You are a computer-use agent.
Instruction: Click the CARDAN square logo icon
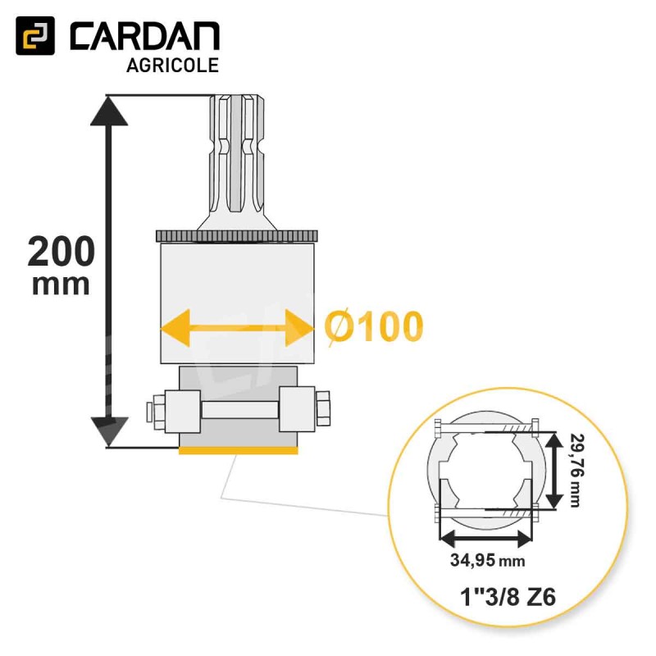point(35,35)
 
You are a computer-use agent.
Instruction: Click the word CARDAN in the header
point(145,36)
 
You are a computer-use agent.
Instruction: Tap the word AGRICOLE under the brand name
point(172,66)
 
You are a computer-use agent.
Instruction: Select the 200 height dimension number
point(61,252)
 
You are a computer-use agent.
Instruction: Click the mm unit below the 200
point(61,285)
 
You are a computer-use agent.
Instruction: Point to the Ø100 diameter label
point(374,327)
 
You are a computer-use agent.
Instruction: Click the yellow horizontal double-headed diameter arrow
point(237,328)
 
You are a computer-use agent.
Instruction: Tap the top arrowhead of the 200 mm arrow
point(109,111)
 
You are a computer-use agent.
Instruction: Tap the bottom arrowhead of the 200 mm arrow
point(109,432)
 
